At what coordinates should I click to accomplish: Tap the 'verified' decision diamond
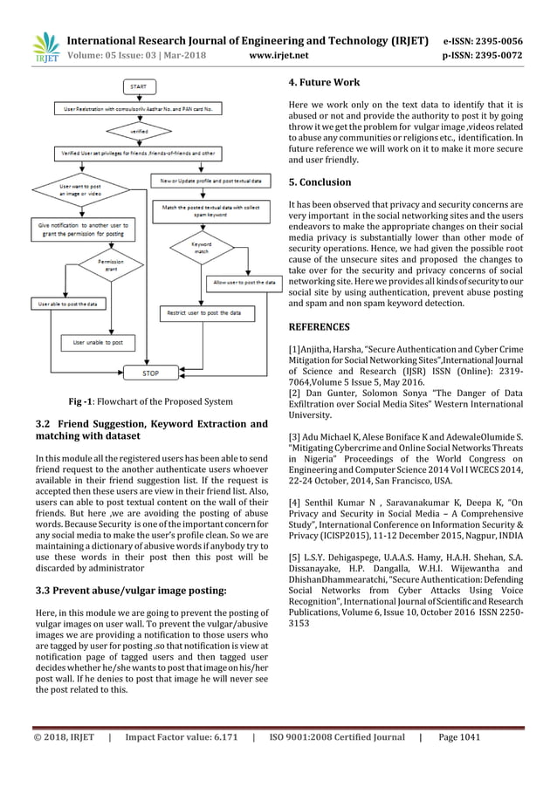[x=140, y=130]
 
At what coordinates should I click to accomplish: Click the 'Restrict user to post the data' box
[x=206, y=311]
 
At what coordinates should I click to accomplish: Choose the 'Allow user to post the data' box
[x=245, y=283]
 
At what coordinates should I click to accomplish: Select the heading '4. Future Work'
[x=323, y=84]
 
